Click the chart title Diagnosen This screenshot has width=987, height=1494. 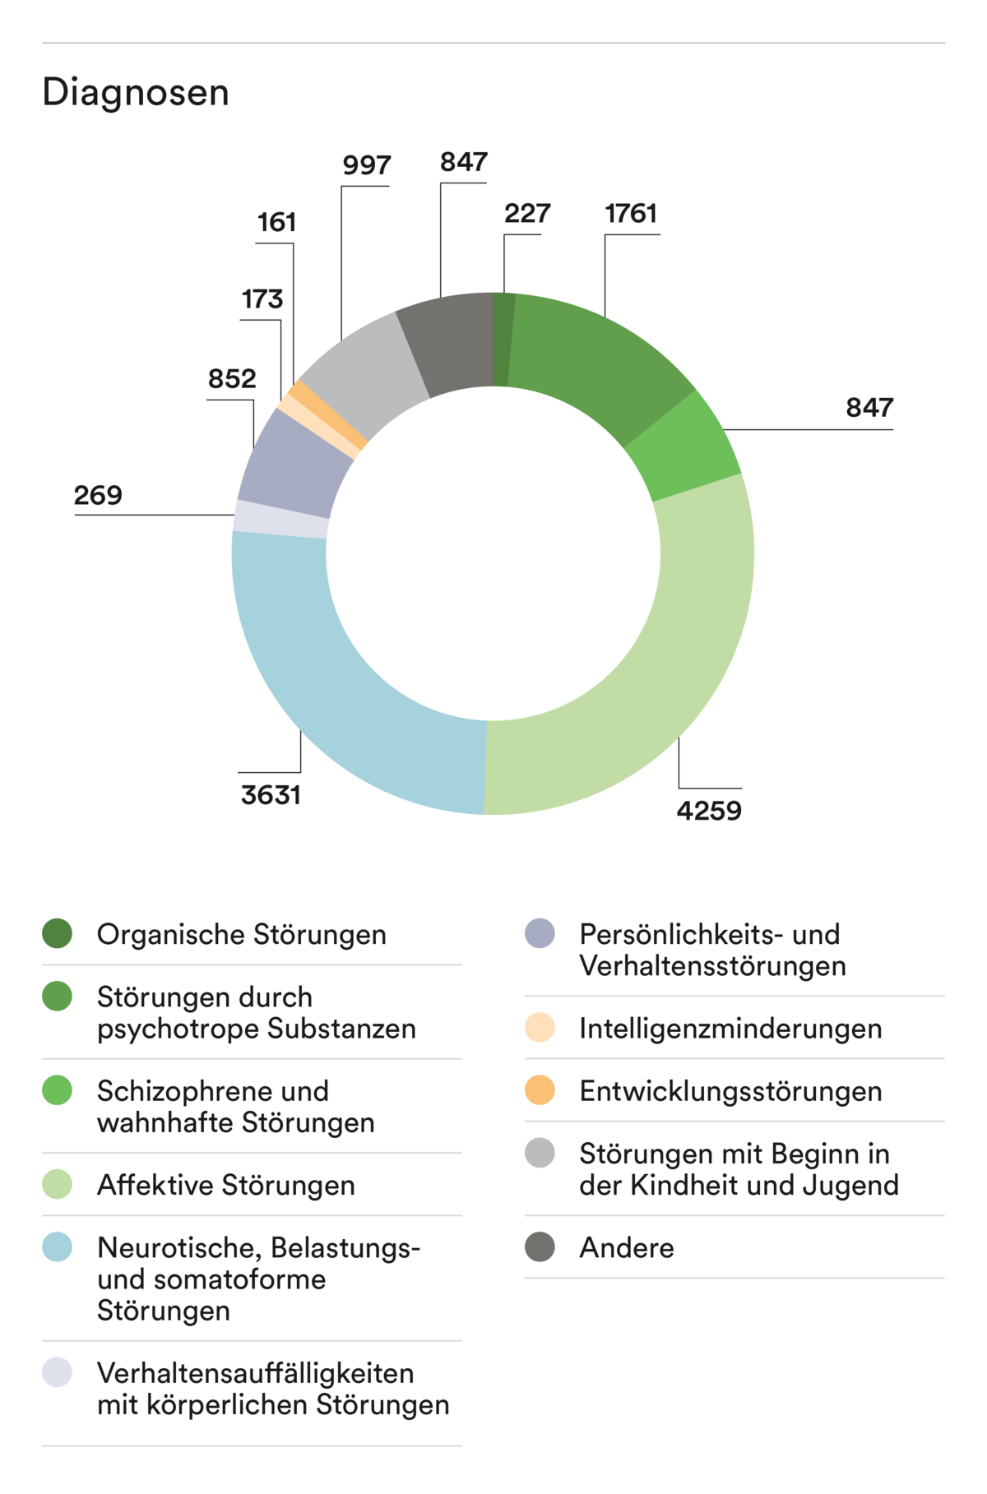(136, 92)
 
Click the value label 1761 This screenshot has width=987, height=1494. (631, 214)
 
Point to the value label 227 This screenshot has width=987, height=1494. (527, 214)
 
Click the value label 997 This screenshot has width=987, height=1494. (367, 165)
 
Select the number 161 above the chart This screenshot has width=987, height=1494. (276, 223)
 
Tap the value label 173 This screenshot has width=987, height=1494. (262, 299)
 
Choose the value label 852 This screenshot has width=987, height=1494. (232, 379)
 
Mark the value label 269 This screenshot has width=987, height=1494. (98, 496)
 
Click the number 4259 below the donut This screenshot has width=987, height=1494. (709, 811)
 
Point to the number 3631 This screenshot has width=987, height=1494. (271, 795)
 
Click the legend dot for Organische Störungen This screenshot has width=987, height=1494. (58, 933)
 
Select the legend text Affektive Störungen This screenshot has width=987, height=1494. (226, 1185)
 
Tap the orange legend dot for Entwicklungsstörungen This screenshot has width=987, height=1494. (540, 1090)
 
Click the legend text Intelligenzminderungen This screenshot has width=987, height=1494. (730, 1029)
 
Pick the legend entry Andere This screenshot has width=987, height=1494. (627, 1248)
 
